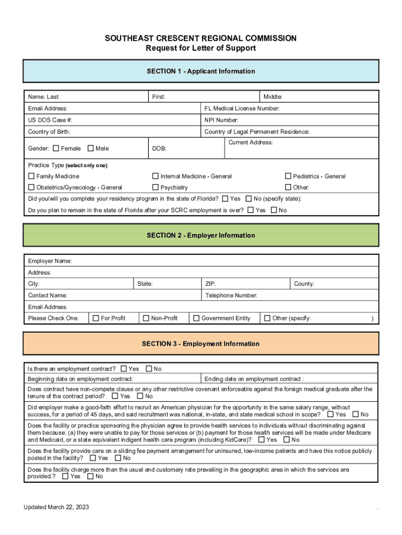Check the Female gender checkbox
click(x=56, y=148)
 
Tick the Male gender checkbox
click(x=91, y=148)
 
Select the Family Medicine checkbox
click(x=31, y=176)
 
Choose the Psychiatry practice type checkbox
click(x=156, y=188)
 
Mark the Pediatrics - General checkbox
click(x=288, y=176)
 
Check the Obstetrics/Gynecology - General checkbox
click(x=31, y=188)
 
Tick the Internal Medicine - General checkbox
click(x=156, y=176)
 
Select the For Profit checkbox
click(x=96, y=318)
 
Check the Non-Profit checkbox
click(x=146, y=318)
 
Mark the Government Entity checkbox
click(x=196, y=318)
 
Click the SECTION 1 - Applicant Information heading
click(x=201, y=71)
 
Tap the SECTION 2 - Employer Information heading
click(x=201, y=235)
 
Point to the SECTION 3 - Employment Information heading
click(x=201, y=344)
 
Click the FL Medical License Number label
click(x=242, y=109)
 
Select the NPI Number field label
click(x=221, y=120)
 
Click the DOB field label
click(x=159, y=149)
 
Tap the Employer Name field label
click(x=50, y=261)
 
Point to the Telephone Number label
click(x=231, y=296)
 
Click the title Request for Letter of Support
click(x=201, y=49)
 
